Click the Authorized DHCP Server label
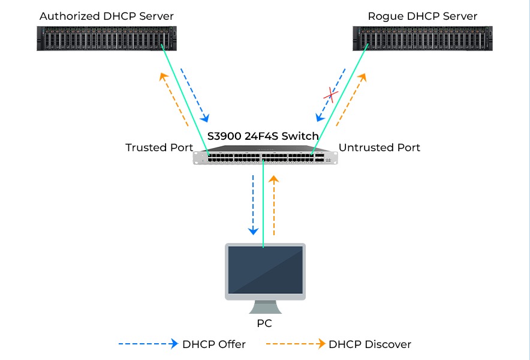(106, 16)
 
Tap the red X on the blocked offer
(330, 94)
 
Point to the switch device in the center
(265, 157)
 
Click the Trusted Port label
(159, 148)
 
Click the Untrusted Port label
(380, 148)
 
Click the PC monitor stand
(264, 307)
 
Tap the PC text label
(264, 324)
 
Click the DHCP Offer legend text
(214, 344)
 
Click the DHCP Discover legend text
(370, 344)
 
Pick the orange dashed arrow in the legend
(295, 344)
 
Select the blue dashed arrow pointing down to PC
(253, 204)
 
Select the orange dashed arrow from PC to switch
(274, 204)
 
